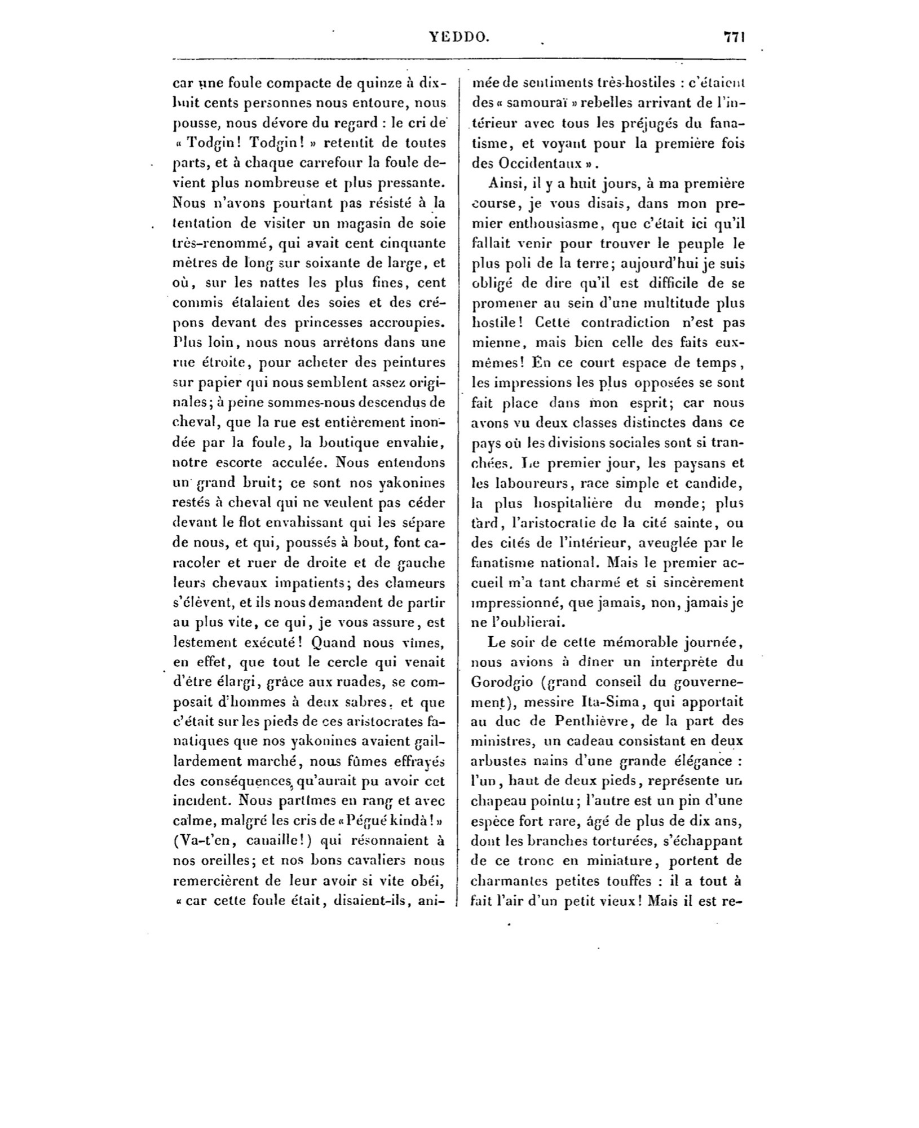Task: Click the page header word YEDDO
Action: point(459,37)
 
